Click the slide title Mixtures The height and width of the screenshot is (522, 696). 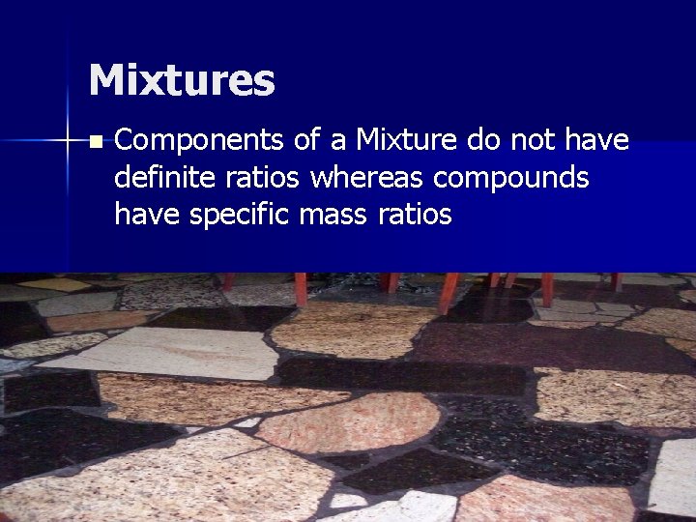point(182,80)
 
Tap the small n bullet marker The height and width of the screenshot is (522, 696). point(94,142)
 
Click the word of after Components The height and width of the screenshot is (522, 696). point(307,141)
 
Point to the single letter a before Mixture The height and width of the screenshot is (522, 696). point(338,142)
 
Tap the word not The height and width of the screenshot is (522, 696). point(535,141)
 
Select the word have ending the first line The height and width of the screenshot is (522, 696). point(598,141)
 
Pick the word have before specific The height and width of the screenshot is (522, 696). point(147,214)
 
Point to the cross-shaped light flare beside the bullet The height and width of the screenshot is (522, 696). point(67,142)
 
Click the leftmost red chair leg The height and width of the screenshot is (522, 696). point(229,281)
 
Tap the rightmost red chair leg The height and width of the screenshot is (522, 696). point(617,281)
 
